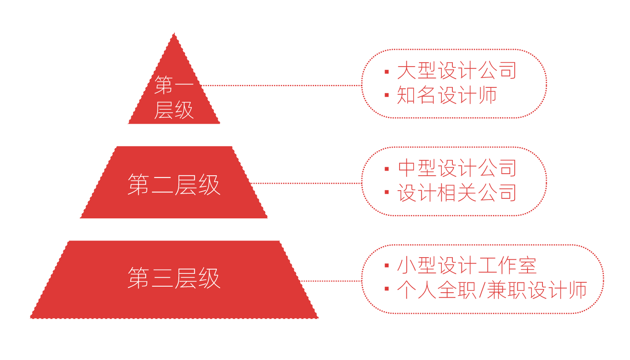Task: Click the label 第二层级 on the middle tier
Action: pos(174,185)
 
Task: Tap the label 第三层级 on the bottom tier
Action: pos(174,278)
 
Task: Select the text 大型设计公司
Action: pos(457,70)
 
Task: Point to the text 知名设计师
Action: pos(447,95)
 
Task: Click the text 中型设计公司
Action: pos(457,168)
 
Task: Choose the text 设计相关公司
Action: pos(457,193)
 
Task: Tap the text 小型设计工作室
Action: pos(467,266)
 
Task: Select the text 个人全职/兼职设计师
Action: pos(492,290)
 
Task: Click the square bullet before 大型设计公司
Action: pos(387,72)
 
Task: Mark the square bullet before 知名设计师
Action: pos(387,95)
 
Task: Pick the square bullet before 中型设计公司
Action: pos(387,169)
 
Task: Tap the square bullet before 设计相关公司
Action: pos(387,192)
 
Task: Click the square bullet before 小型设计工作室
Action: pos(387,266)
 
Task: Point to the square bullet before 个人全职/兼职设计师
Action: pos(387,289)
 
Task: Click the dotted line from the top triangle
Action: pos(281,85)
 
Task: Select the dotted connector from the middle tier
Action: pos(306,183)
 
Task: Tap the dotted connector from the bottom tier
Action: pos(331,281)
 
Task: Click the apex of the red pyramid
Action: pos(174,33)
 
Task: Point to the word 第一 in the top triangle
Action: pos(174,84)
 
